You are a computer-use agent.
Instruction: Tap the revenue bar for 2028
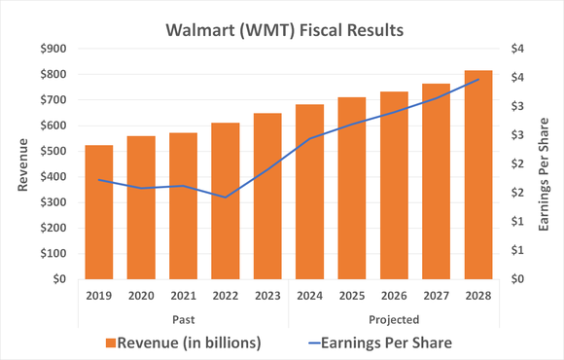click(x=477, y=174)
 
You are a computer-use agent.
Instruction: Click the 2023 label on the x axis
click(x=267, y=296)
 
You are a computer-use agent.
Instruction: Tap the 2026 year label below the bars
click(x=394, y=296)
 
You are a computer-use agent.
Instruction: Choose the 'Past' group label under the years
click(x=184, y=318)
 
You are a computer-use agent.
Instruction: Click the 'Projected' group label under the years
click(x=394, y=318)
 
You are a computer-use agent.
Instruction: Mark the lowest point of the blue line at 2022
click(x=226, y=198)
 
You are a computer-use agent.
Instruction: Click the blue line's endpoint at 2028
click(x=477, y=80)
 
